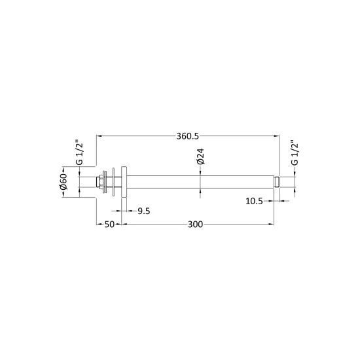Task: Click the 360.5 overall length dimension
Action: coord(187,136)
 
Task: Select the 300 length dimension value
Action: coord(196,225)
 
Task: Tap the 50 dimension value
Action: coord(109,225)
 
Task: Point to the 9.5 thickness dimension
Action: coord(144,211)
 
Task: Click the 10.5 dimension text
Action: coord(254,201)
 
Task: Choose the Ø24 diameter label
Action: coord(200,156)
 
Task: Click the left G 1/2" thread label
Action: coord(79,153)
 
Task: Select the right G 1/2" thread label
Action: coord(295,153)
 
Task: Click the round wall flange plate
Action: coord(124,181)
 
